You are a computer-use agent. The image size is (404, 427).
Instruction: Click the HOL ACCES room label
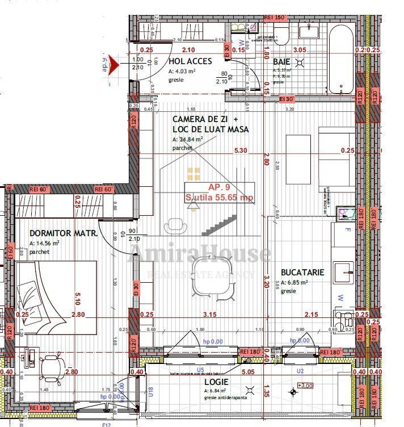[190, 61]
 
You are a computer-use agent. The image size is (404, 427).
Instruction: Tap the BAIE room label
[281, 61]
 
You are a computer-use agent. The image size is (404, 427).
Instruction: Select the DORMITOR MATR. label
[63, 233]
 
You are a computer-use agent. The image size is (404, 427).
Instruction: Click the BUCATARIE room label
[302, 273]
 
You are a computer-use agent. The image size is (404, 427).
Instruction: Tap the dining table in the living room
[212, 276]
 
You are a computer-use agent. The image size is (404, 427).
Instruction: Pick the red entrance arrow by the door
[112, 64]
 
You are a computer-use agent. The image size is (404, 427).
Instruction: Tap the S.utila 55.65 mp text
[219, 198]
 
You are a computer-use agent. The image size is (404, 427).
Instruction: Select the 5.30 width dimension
[241, 150]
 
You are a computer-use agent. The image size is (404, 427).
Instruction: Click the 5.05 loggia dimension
[247, 372]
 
